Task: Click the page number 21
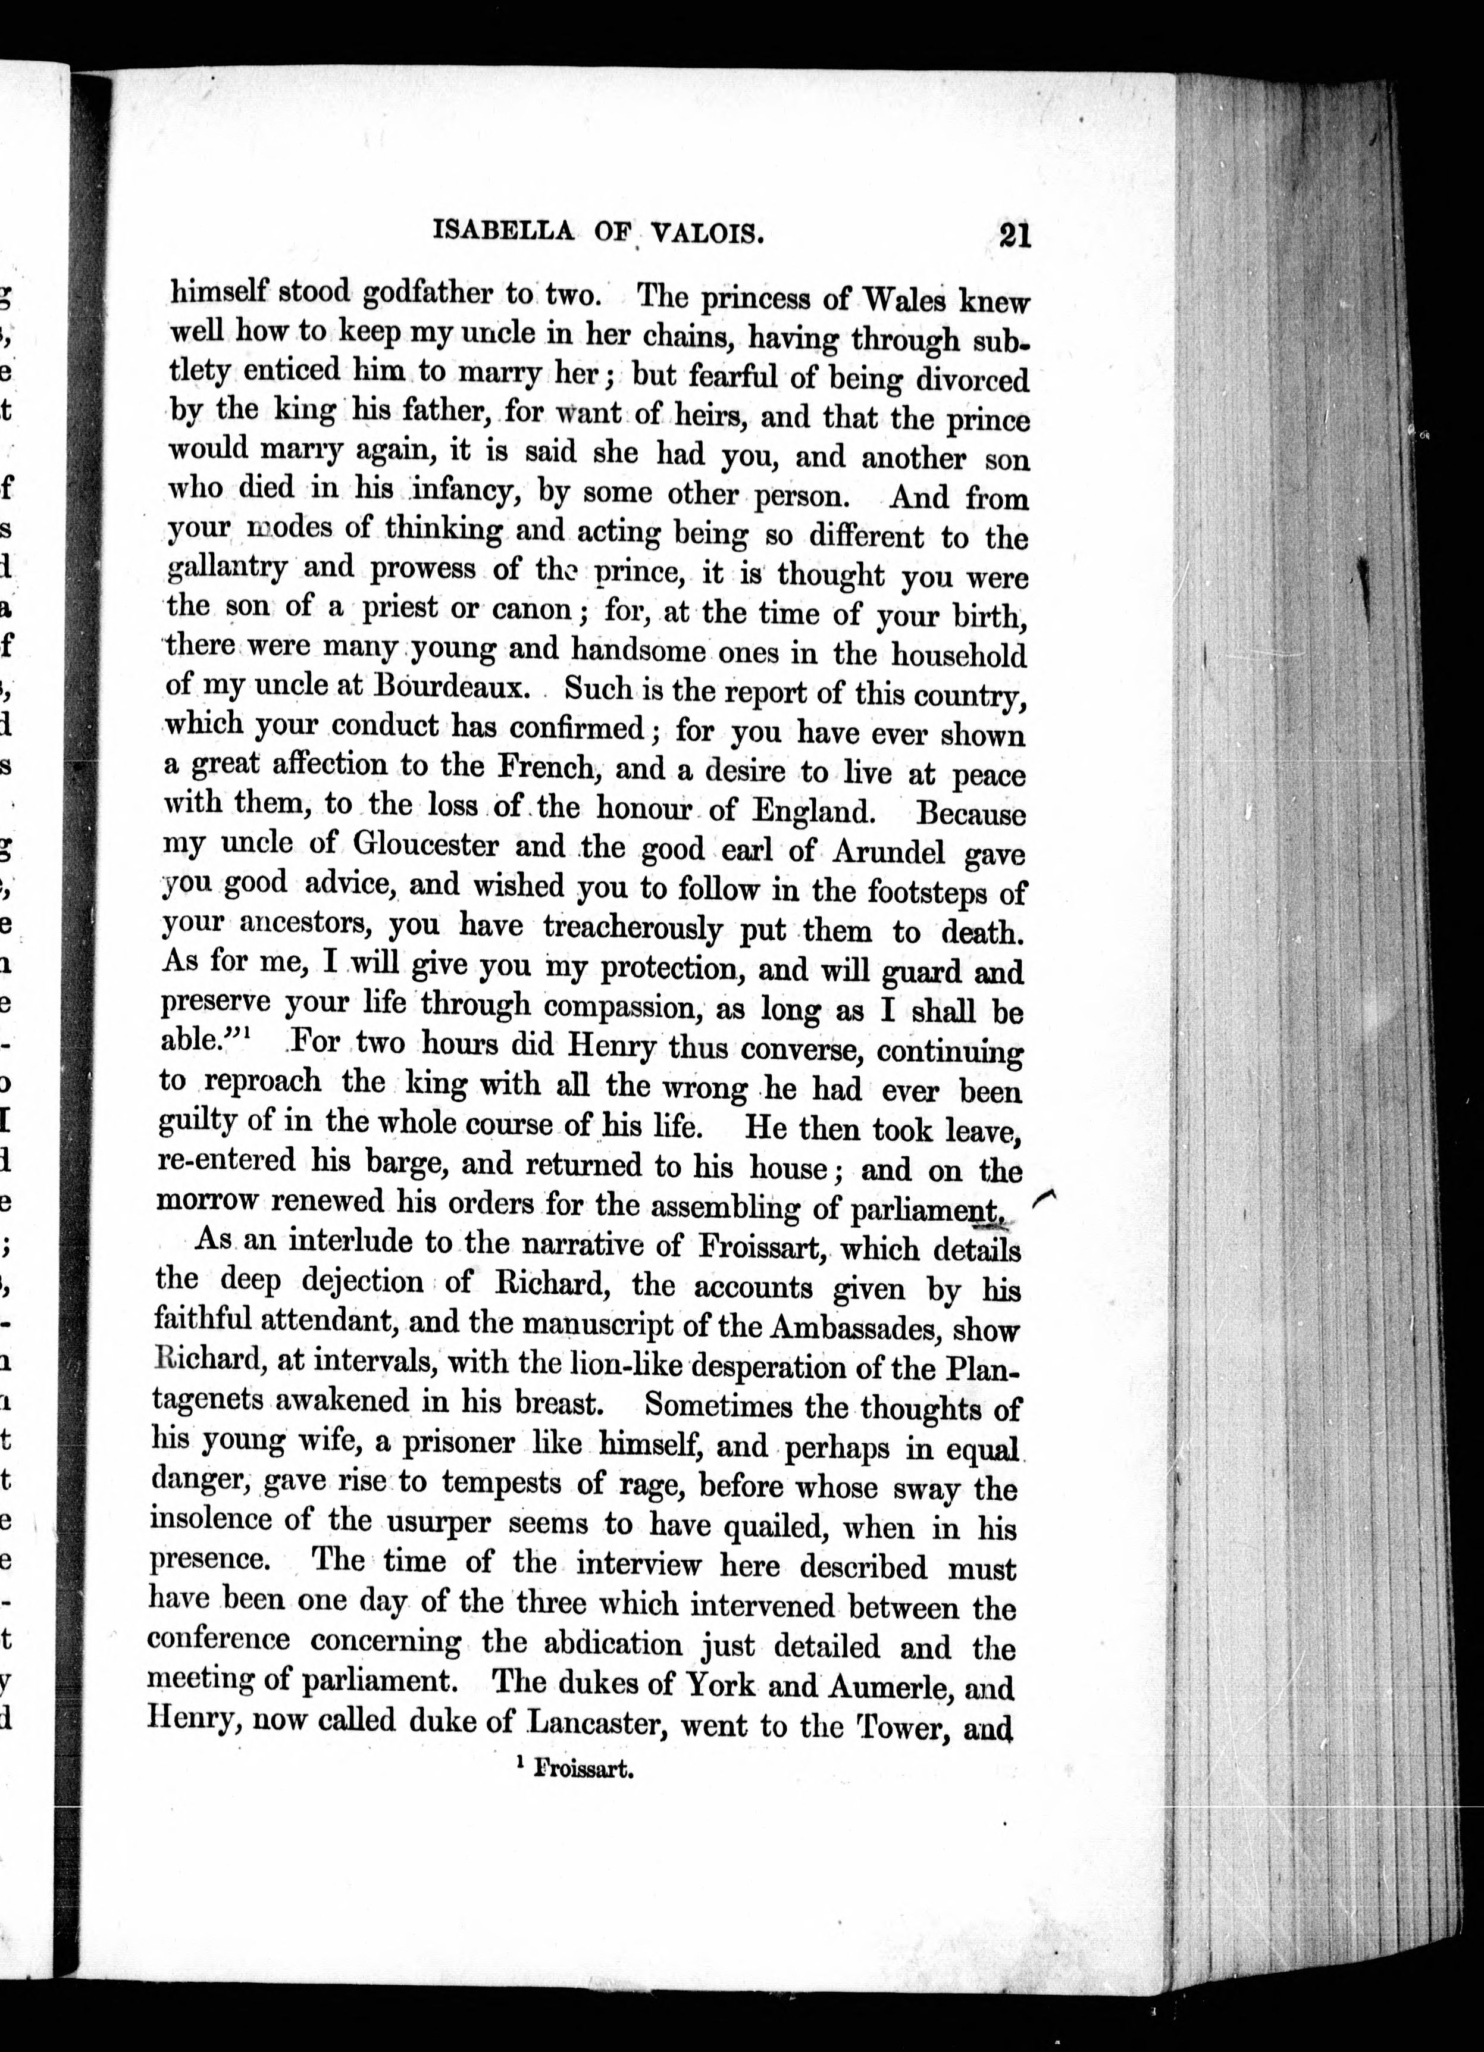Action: click(1015, 236)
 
